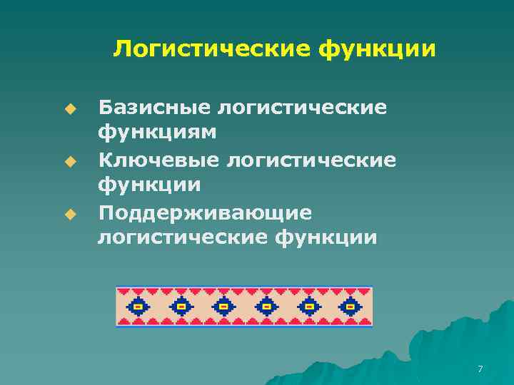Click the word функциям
click(158, 133)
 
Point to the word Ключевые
click(158, 159)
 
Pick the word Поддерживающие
click(205, 212)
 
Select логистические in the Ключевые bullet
click(311, 159)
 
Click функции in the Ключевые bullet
click(149, 185)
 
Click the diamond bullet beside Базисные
click(69, 109)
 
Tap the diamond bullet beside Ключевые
click(69, 161)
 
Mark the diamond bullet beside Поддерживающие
click(69, 214)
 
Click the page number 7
click(480, 369)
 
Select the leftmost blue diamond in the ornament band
click(138, 307)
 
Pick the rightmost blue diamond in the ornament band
click(351, 307)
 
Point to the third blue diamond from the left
click(223, 307)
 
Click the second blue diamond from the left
click(181, 307)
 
